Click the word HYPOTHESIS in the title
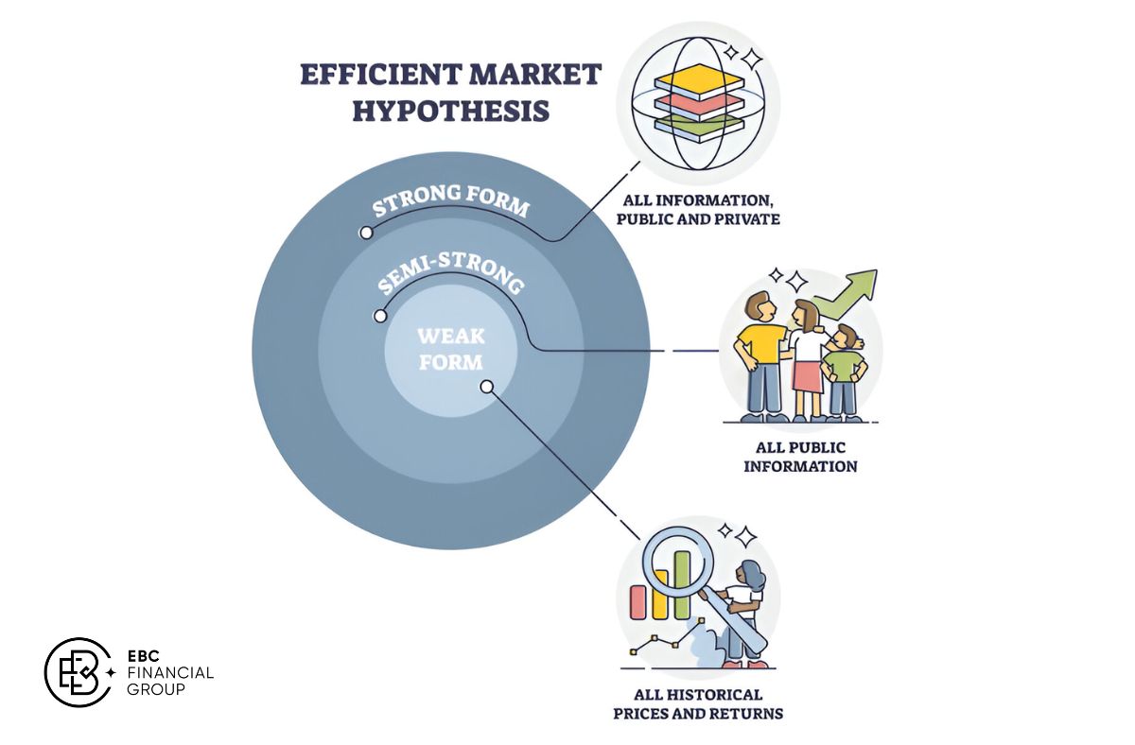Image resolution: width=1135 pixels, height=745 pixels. (450, 111)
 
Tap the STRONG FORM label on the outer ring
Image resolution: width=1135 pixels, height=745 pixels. (449, 199)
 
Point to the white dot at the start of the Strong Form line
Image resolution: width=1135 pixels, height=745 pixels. (364, 232)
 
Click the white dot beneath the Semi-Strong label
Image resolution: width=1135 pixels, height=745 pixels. (380, 316)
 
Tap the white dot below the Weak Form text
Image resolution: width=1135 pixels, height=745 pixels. (486, 386)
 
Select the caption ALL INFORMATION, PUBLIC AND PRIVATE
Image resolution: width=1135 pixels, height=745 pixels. (699, 210)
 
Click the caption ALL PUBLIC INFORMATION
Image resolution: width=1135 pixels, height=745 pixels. (800, 457)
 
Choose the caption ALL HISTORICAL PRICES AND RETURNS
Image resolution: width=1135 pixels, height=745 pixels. (698, 703)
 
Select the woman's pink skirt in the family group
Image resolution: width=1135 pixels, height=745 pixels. (810, 375)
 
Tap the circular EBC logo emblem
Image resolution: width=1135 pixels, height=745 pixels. (81, 672)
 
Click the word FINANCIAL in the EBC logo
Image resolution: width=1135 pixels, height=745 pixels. (169, 672)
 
